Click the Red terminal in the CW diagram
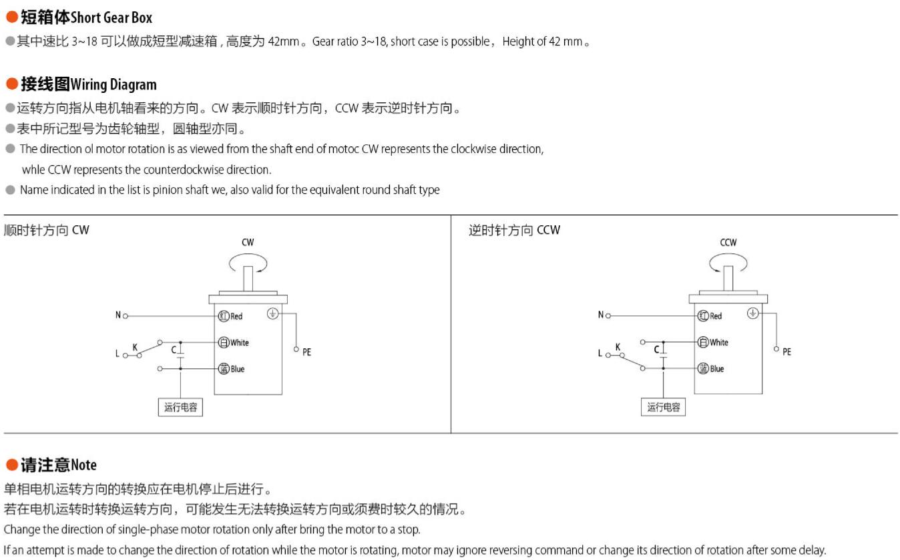coord(224,316)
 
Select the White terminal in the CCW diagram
coord(703,342)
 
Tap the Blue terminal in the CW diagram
coord(224,369)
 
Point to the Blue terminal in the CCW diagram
coord(703,368)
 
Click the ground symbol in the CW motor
coord(272,313)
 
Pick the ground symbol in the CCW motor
coord(752,313)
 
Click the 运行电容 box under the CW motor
coord(180,407)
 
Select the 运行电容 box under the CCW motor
coord(664,407)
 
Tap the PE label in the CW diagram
coord(306,352)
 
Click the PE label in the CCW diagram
coord(786,352)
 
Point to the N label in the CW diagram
coord(118,315)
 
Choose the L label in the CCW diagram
coord(600,354)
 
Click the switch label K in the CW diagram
coord(135,347)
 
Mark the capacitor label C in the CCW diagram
coord(656,349)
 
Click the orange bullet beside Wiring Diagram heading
coord(12,84)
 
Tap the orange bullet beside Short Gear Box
coord(12,17)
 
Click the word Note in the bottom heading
coord(83,465)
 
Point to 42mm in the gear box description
coord(284,41)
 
